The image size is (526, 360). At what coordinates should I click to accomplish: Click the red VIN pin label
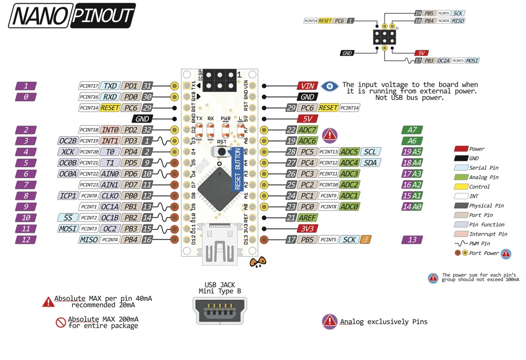pyautogui.click(x=307, y=86)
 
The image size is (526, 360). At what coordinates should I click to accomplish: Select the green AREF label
pyautogui.click(x=307, y=218)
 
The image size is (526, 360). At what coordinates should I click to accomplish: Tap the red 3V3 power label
pyautogui.click(x=307, y=229)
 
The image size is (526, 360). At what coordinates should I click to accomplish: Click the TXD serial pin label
pyautogui.click(x=110, y=86)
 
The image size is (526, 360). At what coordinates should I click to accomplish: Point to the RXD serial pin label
pyautogui.click(x=110, y=97)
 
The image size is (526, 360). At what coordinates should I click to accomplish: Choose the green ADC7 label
pyautogui.click(x=307, y=130)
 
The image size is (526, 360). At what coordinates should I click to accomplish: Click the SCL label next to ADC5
pyautogui.click(x=370, y=152)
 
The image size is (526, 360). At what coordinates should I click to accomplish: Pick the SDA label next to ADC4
pyautogui.click(x=370, y=163)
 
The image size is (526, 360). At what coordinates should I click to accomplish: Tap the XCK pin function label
pyautogui.click(x=67, y=152)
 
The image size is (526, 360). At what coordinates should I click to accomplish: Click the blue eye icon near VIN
pyautogui.click(x=330, y=86)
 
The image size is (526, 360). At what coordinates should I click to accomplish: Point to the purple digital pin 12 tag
pyautogui.click(x=26, y=240)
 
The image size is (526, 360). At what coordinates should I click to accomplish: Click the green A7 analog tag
pyautogui.click(x=412, y=130)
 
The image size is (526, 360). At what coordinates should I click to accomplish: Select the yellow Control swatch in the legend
pyautogui.click(x=461, y=187)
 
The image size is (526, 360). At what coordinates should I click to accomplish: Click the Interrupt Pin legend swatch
pyautogui.click(x=461, y=234)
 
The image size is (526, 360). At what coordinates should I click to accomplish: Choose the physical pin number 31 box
pyautogui.click(x=148, y=86)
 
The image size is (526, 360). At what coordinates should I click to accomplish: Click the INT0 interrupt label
pyautogui.click(x=110, y=130)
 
